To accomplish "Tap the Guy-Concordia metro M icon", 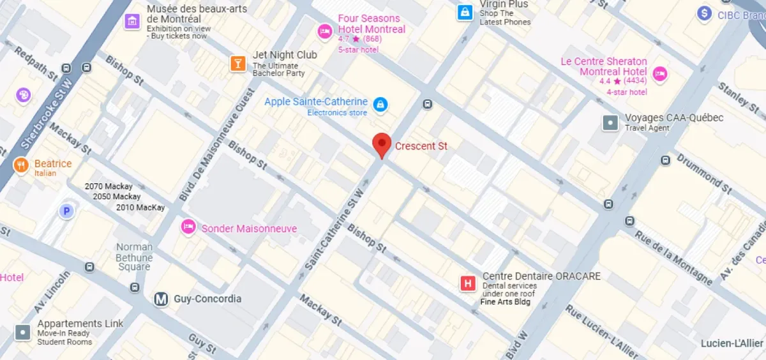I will click(161, 299).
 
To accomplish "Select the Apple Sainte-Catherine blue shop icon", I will click(380, 104).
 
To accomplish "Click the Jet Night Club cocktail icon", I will click(238, 63).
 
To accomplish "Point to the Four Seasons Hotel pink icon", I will click(324, 30).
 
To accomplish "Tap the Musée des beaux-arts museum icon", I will click(132, 21).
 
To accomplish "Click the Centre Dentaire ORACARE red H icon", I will click(469, 283).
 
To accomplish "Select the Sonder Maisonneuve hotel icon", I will click(188, 227).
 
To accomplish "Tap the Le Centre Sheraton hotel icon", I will click(660, 73).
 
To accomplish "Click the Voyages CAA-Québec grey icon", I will click(611, 122).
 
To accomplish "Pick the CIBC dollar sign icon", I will click(705, 13).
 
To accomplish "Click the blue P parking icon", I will click(66, 211).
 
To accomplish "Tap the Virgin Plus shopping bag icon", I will click(465, 11).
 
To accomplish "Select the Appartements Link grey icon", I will click(23, 332).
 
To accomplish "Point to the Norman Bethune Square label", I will click(135, 257).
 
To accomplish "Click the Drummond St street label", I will click(703, 172).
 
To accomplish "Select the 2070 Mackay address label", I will click(109, 186).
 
